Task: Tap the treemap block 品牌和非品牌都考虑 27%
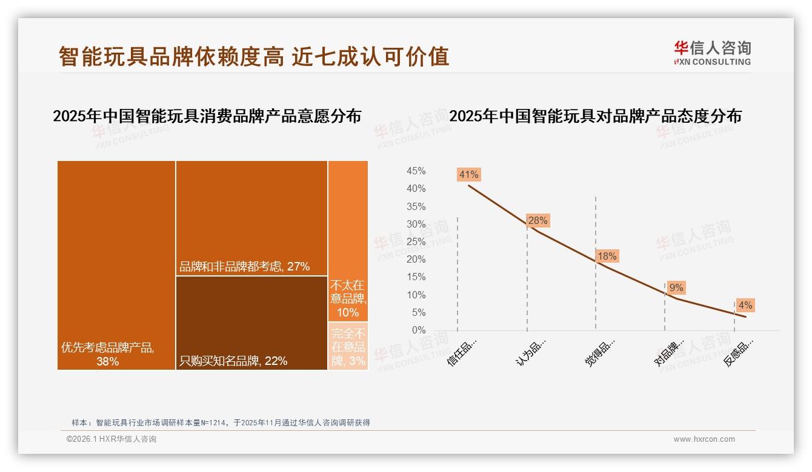click(251, 218)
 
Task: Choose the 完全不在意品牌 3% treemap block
click(348, 346)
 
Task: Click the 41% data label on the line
click(469, 175)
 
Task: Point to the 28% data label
click(537, 221)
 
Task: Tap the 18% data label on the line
click(607, 257)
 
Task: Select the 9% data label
click(676, 288)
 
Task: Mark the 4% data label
click(745, 306)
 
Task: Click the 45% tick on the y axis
click(416, 171)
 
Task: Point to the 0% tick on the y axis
click(419, 330)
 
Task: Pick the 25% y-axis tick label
click(416, 242)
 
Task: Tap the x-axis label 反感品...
click(739, 353)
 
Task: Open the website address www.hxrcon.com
click(704, 439)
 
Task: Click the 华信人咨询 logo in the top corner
click(712, 53)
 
